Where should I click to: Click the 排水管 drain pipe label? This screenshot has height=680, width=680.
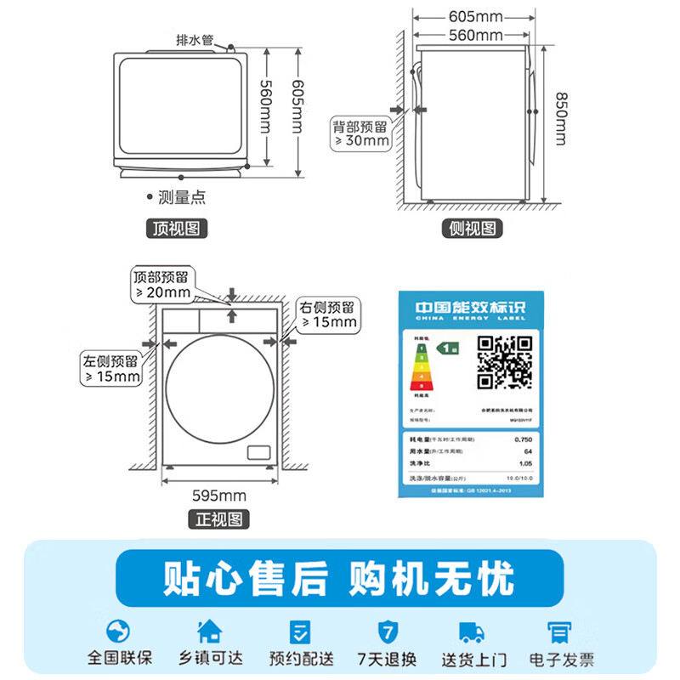coord(194,40)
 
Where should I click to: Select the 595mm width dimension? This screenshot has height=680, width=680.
coord(218,496)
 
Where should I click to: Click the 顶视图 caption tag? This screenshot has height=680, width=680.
coord(177,228)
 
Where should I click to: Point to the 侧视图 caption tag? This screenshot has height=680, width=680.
coord(473,229)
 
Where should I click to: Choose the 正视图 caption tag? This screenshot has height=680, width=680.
coord(218,518)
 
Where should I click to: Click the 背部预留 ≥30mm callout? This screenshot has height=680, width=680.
coord(360,133)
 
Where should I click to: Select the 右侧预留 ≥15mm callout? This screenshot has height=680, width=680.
coord(327,314)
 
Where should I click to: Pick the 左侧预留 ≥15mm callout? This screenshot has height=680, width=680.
coord(111,367)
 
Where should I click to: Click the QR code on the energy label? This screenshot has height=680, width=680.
coord(503,362)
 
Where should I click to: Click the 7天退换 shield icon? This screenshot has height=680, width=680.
coord(387,632)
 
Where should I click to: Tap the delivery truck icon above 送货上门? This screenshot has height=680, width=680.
coord(471,632)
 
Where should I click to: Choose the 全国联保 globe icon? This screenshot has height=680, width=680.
coord(119,632)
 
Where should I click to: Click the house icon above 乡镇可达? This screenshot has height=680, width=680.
coord(208,632)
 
